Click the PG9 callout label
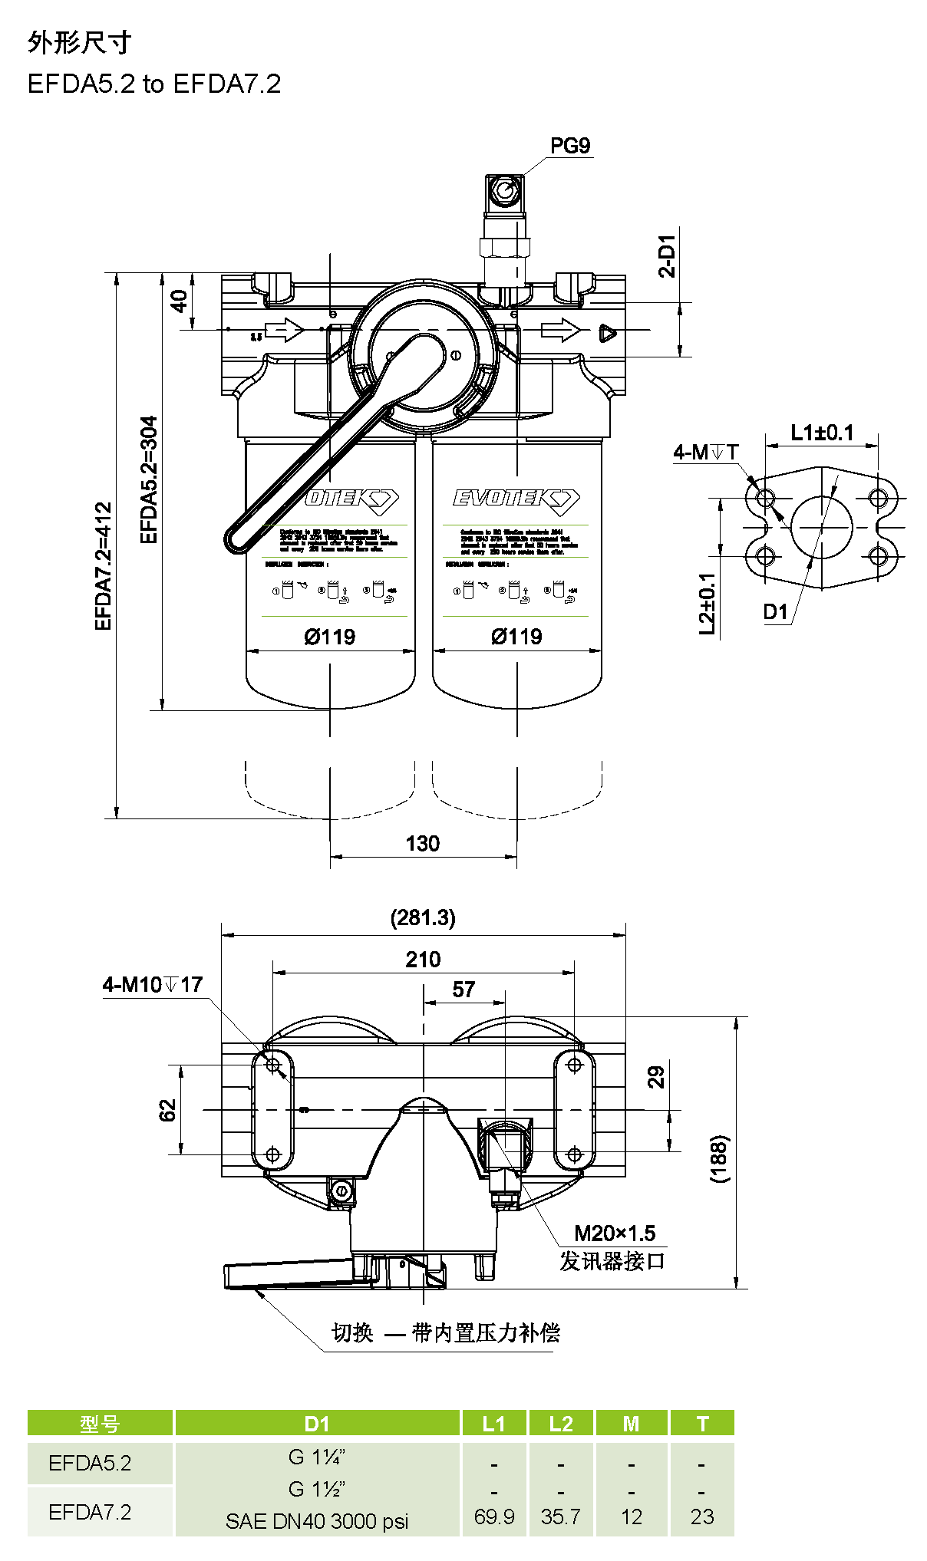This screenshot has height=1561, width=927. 569,146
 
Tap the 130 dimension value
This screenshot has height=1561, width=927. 422,844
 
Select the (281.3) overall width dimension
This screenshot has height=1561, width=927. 423,917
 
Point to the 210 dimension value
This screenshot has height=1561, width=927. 423,960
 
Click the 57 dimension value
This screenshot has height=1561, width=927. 463,990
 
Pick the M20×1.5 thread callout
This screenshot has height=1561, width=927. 615,1233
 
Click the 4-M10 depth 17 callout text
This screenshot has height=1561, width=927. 153,985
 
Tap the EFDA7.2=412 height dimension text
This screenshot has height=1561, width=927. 104,566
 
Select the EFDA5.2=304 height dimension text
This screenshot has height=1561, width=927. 149,479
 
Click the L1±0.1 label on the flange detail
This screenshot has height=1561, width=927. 822,433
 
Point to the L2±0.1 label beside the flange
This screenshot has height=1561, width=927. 708,604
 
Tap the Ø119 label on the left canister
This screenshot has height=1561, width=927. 330,637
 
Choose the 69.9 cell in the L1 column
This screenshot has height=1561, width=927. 494,1517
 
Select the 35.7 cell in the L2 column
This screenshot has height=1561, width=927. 561,1517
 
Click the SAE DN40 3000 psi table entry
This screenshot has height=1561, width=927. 317,1521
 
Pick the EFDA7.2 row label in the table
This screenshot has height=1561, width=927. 90,1512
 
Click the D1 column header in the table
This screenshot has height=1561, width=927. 317,1424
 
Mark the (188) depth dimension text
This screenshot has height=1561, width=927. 719,1158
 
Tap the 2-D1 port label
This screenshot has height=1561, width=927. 668,255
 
